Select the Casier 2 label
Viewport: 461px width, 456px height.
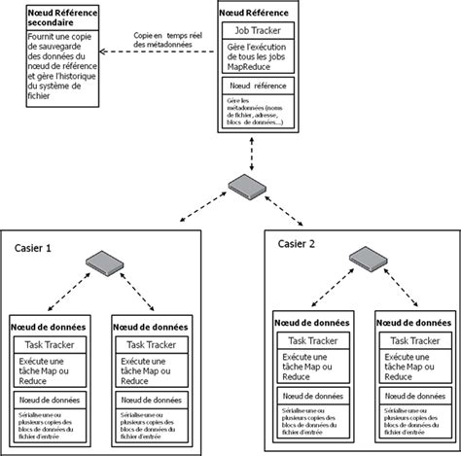(x=297, y=243)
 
